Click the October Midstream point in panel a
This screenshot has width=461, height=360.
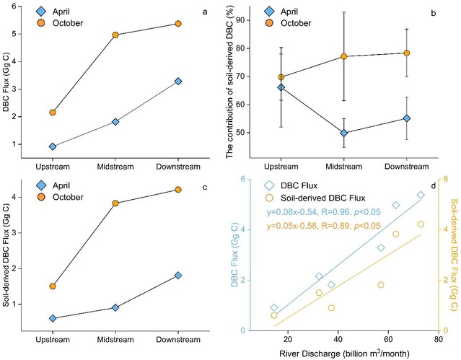coord(115,35)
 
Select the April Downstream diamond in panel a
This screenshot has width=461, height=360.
coord(177,82)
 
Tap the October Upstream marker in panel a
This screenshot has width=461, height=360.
coord(52,113)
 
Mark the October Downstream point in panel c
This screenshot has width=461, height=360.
coord(177,190)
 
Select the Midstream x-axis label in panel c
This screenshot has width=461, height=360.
coord(115,343)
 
